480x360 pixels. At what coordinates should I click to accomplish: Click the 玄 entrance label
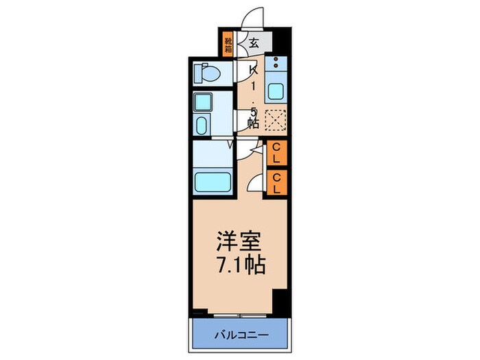[x=254, y=43]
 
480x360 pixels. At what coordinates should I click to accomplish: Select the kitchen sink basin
[x=276, y=91]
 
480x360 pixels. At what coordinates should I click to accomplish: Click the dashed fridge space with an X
[x=275, y=121]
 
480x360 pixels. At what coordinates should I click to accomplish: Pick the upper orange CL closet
[x=276, y=153]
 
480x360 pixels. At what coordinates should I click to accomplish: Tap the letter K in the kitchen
[x=253, y=70]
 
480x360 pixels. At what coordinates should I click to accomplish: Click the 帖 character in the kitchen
[x=253, y=123]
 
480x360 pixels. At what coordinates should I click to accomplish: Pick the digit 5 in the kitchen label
[x=253, y=110]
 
